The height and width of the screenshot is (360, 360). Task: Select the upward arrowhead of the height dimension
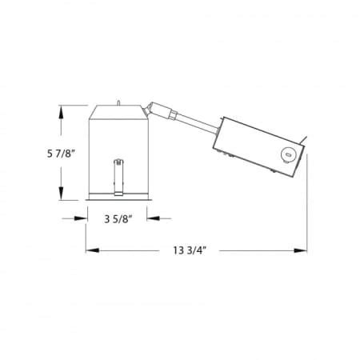click(x=61, y=112)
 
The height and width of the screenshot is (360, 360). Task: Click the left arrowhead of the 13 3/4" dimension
click(x=90, y=250)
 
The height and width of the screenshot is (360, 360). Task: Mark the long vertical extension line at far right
click(x=309, y=208)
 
